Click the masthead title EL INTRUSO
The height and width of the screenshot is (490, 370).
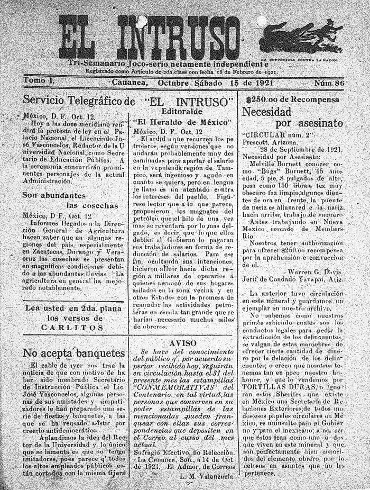coord(159,37)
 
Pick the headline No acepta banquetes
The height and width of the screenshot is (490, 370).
coord(74,353)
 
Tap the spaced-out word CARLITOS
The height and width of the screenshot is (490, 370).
coord(74,328)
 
